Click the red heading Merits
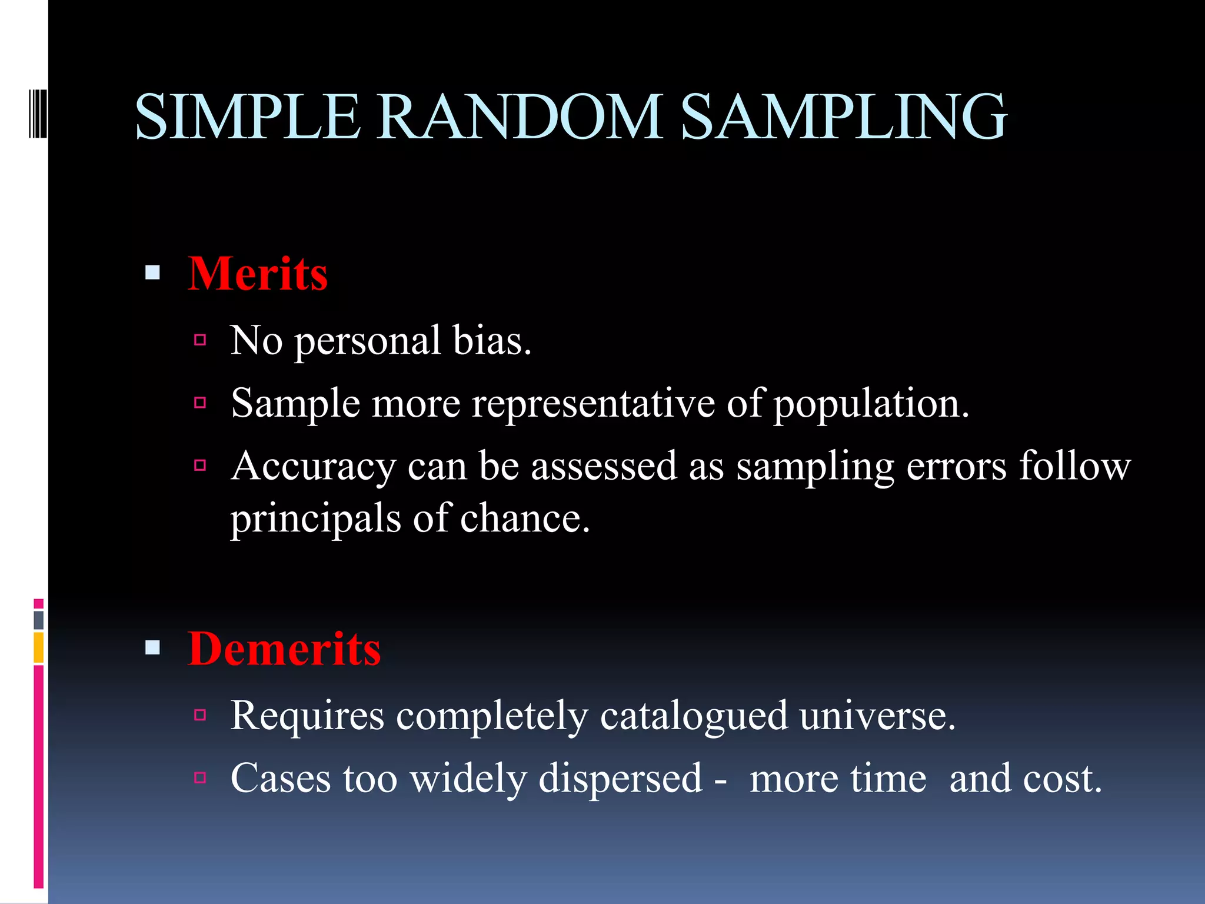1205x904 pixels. point(257,274)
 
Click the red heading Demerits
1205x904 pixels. point(284,649)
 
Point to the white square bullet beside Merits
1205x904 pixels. point(152,272)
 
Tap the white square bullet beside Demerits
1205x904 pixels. point(152,648)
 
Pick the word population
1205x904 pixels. point(871,405)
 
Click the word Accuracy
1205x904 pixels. point(313,467)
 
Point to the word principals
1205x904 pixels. point(315,519)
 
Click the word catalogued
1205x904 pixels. point(694,716)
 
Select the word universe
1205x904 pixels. point(877,716)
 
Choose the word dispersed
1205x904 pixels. point(620,779)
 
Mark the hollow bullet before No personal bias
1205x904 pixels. point(200,340)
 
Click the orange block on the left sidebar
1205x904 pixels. point(38,647)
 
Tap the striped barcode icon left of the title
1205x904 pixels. point(38,111)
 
